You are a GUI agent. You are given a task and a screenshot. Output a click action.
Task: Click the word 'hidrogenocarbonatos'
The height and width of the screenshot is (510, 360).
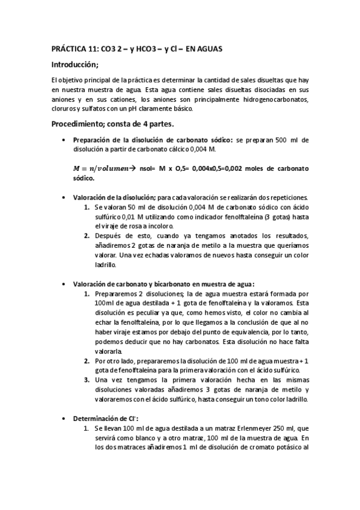pos(273,99)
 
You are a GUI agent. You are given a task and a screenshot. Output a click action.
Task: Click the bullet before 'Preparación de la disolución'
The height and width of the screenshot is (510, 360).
pos(64,140)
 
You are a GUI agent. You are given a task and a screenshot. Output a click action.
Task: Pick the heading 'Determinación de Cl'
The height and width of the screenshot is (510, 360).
pos(103,418)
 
